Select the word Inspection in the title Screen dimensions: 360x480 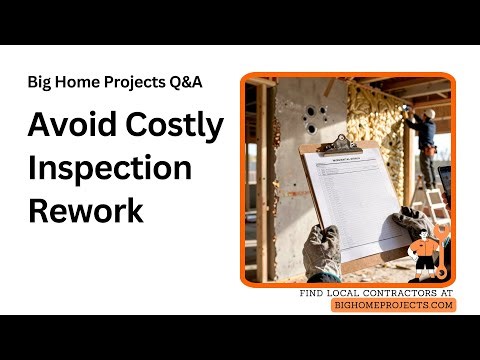[x=109, y=167]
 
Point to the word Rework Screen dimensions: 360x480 [x=85, y=211]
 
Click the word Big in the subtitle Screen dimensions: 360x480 [x=42, y=83]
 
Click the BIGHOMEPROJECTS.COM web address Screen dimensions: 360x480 [x=393, y=304]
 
